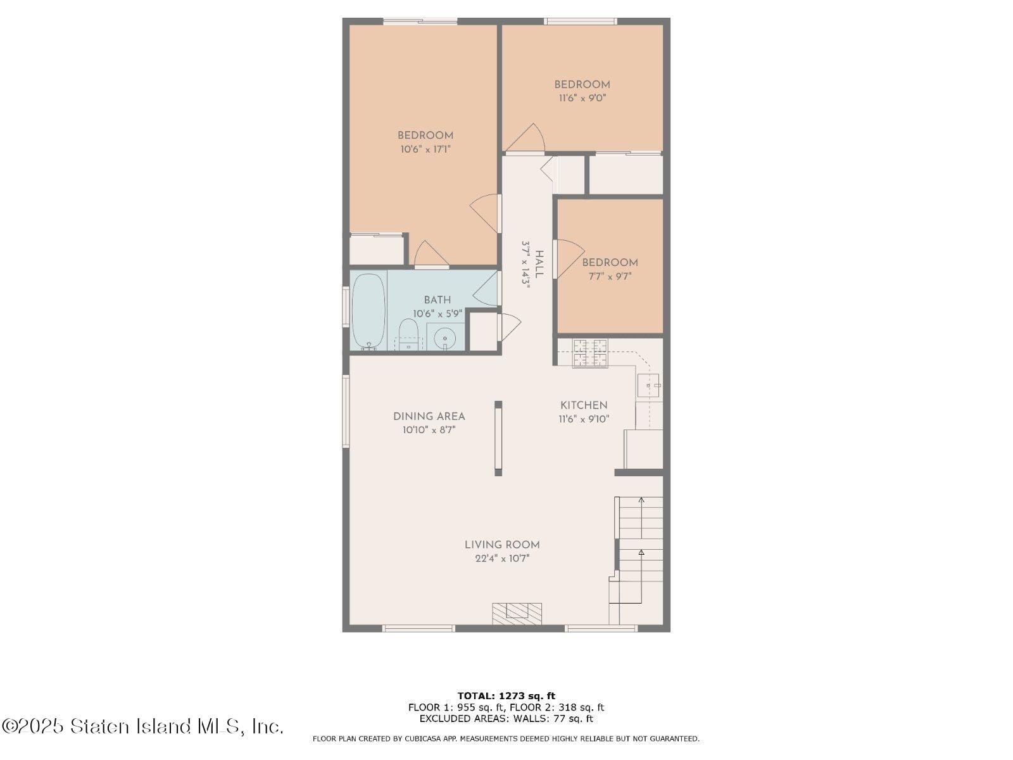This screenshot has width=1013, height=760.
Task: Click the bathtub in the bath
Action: tap(368, 310)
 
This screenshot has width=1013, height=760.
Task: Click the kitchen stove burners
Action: tap(590, 353)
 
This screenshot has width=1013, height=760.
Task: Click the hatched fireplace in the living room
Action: tap(517, 613)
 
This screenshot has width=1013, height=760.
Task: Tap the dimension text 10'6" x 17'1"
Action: tap(425, 149)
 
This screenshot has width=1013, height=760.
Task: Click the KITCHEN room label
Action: tap(584, 405)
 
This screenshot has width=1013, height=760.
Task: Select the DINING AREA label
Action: tap(429, 416)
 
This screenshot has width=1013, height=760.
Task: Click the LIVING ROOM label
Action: tap(502, 545)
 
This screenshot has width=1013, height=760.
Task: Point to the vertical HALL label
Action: tap(539, 264)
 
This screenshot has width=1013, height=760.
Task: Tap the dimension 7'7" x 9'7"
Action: tap(610, 276)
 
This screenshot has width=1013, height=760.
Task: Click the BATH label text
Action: tap(437, 300)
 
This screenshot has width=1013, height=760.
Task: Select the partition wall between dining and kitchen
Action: tap(498, 438)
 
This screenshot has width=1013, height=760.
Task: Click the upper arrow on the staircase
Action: tap(641, 501)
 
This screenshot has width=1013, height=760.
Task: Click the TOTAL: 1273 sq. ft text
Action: tap(507, 696)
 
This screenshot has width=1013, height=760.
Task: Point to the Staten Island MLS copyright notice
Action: tap(142, 726)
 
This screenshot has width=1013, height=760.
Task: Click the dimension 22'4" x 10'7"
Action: tap(502, 559)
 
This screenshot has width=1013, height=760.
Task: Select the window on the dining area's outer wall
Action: tap(346, 412)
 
